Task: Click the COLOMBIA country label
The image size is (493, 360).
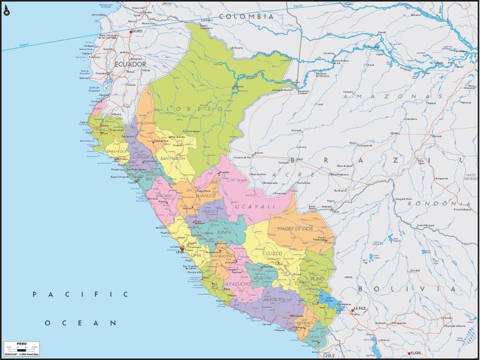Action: pyautogui.click(x=246, y=17)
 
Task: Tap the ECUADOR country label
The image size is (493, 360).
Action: pyautogui.click(x=130, y=63)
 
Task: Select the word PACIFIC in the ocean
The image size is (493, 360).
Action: pyautogui.click(x=80, y=294)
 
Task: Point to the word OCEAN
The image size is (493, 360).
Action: pyautogui.click(x=80, y=322)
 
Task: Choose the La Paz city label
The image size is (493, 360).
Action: pyautogui.click(x=359, y=309)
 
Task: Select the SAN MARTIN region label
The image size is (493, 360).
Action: pyautogui.click(x=173, y=158)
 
